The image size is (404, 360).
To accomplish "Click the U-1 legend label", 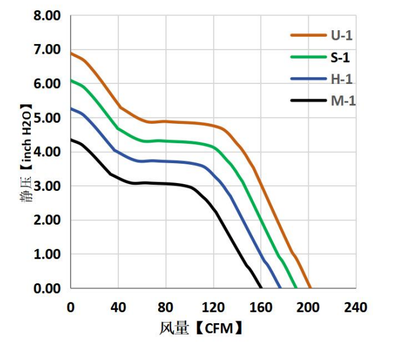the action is click(341, 35).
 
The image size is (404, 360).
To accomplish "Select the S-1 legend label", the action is click(340, 57).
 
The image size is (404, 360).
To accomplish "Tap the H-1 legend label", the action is click(341, 79).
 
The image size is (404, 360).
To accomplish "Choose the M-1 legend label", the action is click(343, 100).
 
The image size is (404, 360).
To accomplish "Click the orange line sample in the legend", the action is click(309, 35).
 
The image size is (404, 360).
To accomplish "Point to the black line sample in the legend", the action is click(309, 100).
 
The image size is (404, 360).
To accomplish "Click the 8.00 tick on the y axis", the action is click(47, 16).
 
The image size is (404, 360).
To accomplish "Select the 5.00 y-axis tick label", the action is click(47, 118).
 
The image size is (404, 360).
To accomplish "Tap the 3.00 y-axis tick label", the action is click(47, 186).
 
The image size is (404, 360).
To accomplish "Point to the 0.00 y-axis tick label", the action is click(47, 288).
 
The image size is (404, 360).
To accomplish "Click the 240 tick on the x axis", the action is click(356, 307).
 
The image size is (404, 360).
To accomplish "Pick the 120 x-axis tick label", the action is click(213, 307).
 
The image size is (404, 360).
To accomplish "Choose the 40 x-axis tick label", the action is click(118, 307).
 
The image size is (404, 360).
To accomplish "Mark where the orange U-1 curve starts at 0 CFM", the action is click(71, 53).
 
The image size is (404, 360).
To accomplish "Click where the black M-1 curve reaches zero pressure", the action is click(261, 288).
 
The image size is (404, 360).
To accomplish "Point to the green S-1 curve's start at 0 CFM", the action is click(71, 80).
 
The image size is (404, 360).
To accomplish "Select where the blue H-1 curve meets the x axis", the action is click(280, 288).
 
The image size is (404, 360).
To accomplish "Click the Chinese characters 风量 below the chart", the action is click(174, 329).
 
